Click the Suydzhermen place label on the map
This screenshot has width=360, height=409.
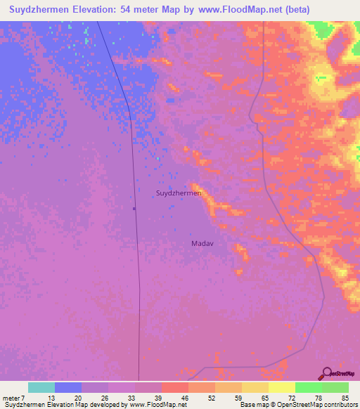[179, 193]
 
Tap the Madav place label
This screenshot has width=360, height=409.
[202, 243]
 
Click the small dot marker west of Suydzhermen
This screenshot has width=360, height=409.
[134, 208]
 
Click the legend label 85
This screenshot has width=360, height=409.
[345, 397]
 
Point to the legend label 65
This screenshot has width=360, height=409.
[264, 397]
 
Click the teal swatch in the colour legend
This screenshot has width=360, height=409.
[41, 387]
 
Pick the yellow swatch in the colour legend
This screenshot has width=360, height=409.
[281, 387]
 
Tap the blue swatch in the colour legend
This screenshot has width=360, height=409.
[67, 387]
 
